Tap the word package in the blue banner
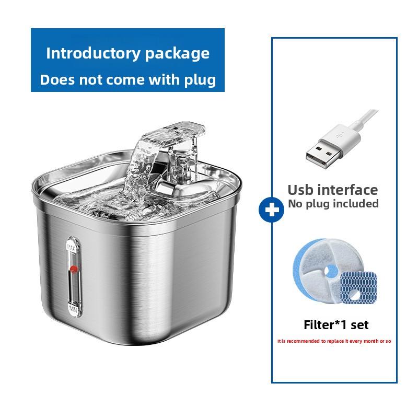pos(176,53)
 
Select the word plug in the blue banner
pos(199,80)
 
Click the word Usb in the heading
pos(303,189)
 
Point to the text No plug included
pos(333,204)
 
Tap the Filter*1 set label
pos(336,324)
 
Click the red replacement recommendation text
pos(334,341)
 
